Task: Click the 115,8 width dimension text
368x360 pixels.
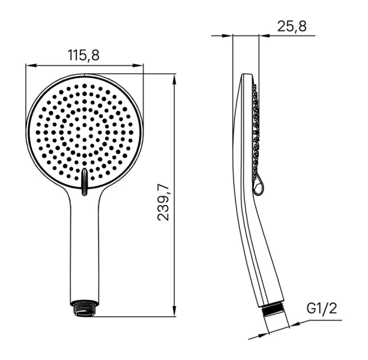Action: pos(83,55)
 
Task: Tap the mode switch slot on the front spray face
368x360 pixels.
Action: pos(85,180)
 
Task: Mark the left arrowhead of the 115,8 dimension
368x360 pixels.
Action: pos(29,65)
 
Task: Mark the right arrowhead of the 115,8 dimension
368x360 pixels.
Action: pos(140,65)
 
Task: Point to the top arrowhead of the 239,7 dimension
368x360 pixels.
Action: pos(174,77)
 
